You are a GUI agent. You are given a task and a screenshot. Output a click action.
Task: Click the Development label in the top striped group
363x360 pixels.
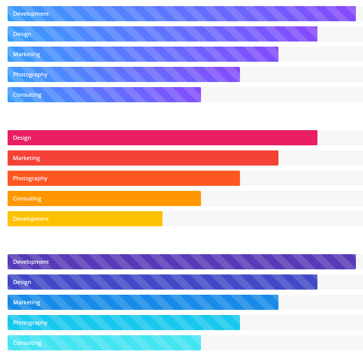pyautogui.click(x=31, y=14)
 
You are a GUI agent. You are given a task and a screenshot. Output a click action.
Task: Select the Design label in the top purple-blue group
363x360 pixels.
pyautogui.click(x=22, y=34)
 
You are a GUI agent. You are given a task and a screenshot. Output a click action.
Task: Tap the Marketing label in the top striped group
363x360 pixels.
pyautogui.click(x=26, y=54)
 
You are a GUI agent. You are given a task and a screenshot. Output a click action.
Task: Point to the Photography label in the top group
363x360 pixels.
pyautogui.click(x=30, y=74)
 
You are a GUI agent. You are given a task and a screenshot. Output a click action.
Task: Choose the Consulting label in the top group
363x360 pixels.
pyautogui.click(x=27, y=95)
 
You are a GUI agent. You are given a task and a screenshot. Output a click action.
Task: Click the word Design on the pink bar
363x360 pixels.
pyautogui.click(x=22, y=138)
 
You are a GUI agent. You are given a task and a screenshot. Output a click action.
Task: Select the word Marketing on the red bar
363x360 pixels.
pyautogui.click(x=26, y=158)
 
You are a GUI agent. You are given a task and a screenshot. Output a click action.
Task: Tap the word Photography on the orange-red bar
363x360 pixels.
pyautogui.click(x=30, y=178)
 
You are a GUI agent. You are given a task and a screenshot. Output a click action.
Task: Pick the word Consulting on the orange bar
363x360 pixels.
pyautogui.click(x=27, y=198)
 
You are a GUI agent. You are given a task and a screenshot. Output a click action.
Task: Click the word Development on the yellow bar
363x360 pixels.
pyautogui.click(x=31, y=219)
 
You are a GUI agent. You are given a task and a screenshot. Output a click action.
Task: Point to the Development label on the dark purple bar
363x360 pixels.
pyautogui.click(x=31, y=262)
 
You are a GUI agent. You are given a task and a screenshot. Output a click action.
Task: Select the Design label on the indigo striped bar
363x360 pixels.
pyautogui.click(x=22, y=282)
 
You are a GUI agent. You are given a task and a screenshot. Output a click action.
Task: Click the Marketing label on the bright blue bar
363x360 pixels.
pyautogui.click(x=26, y=302)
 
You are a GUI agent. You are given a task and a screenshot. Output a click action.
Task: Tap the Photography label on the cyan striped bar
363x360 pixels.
pyautogui.click(x=30, y=323)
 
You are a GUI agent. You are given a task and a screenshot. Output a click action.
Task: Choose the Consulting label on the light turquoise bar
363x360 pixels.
pyautogui.click(x=27, y=343)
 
